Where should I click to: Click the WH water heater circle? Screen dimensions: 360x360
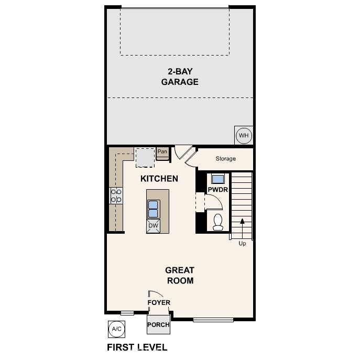point(244,136)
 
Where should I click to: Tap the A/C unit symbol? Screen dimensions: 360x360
point(116,329)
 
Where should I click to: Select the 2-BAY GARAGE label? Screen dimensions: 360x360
point(180,77)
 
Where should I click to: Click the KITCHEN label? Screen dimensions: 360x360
point(159,179)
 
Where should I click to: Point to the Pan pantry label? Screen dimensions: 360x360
point(162,152)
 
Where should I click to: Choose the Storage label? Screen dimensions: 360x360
point(226,159)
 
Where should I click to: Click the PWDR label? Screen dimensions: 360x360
point(217,190)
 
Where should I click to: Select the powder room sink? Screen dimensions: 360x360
point(217,178)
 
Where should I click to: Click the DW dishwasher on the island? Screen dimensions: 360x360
point(154,226)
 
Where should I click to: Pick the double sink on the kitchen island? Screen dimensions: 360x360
point(154,209)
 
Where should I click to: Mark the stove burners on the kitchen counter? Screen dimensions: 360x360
point(116,196)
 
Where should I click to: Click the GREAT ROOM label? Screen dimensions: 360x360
point(180,276)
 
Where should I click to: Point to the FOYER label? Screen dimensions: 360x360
point(158,303)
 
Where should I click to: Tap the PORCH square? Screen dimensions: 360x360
point(158,324)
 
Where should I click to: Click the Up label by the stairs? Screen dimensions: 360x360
point(242,244)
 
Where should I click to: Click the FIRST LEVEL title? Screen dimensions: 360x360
point(137,347)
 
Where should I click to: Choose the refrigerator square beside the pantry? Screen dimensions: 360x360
point(145,157)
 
